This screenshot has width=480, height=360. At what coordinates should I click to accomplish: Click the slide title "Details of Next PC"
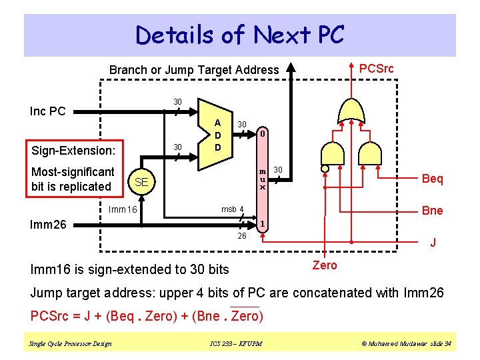(x=239, y=35)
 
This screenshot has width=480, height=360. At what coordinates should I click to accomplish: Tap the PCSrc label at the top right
(x=376, y=69)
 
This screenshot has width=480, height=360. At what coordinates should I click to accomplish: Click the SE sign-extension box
(x=141, y=182)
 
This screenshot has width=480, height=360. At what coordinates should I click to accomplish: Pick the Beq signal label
(x=432, y=179)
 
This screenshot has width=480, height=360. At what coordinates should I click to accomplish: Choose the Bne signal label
(x=432, y=211)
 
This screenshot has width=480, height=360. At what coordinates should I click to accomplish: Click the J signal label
(x=433, y=243)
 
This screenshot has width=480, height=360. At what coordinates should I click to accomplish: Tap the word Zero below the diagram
(x=325, y=265)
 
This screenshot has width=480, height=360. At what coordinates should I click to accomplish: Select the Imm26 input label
(x=49, y=225)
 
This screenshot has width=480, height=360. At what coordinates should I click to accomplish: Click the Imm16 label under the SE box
(x=123, y=210)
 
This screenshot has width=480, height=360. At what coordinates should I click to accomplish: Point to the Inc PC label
(x=48, y=111)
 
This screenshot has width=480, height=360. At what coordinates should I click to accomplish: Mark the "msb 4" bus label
(x=233, y=209)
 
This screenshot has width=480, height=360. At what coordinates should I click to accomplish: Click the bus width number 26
(x=242, y=237)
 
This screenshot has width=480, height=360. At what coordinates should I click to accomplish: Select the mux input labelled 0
(x=263, y=134)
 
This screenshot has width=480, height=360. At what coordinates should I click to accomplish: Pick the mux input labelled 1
(x=263, y=223)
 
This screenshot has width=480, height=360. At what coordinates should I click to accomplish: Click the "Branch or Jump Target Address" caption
(x=194, y=69)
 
